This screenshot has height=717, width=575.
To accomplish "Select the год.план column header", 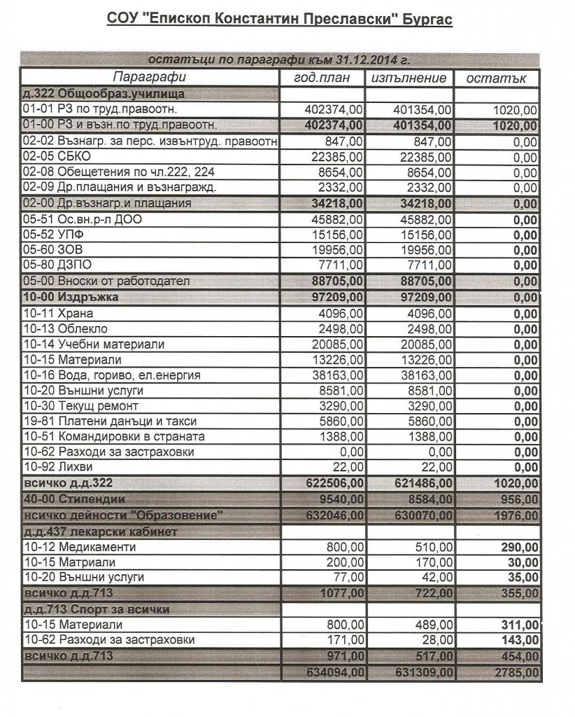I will tap(322, 78).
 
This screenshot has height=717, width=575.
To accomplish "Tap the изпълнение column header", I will tap(409, 78).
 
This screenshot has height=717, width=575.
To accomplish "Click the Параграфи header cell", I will tap(150, 77).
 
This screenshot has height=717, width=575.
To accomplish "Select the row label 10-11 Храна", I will tap(57, 314).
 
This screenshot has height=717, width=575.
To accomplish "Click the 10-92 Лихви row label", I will tap(57, 466).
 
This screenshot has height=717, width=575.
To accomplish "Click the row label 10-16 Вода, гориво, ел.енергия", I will tap(111, 375).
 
